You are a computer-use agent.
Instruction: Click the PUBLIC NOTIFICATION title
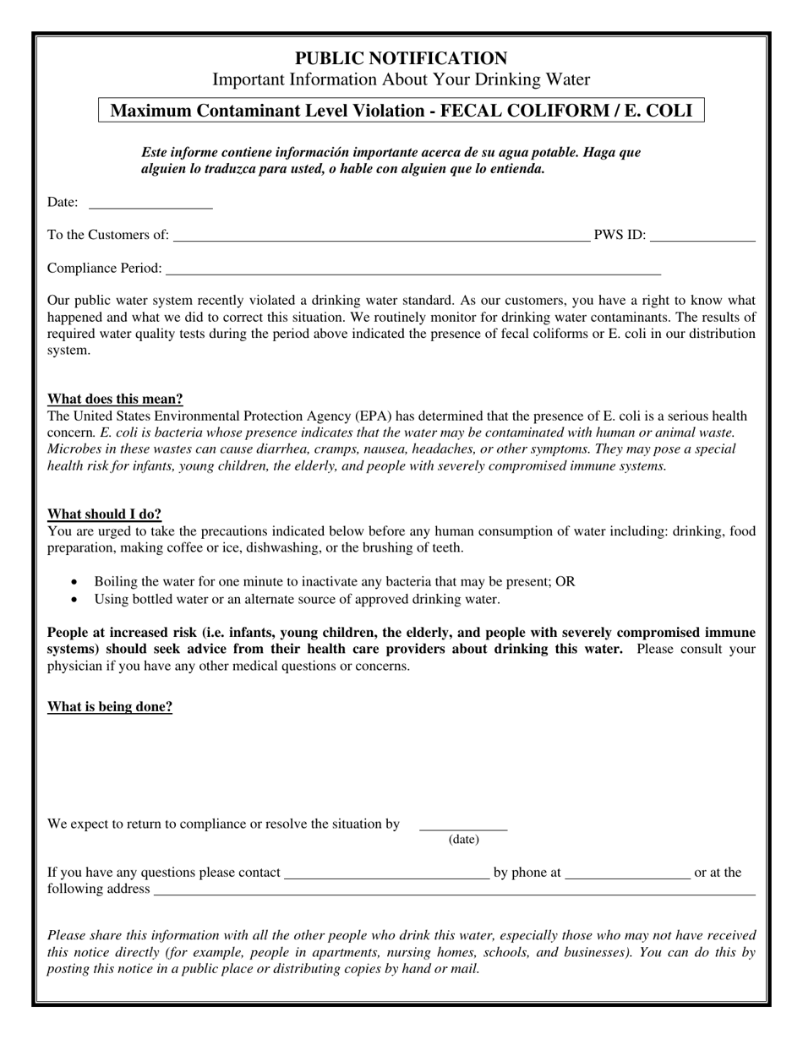coord(401,58)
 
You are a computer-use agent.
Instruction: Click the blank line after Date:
coord(150,204)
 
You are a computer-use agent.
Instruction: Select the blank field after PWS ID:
coord(702,238)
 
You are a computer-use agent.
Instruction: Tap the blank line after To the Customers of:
coord(381,238)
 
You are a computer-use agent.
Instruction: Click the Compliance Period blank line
coord(412,271)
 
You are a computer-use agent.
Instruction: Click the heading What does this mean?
coord(115,399)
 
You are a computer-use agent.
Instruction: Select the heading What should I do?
coord(104,514)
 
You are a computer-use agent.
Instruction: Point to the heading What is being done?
coord(110,706)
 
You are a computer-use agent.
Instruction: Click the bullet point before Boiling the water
coord(76,582)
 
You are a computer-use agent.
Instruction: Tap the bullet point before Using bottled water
coord(76,599)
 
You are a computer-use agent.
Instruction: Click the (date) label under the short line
coord(463,839)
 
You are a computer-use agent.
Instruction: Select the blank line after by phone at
coord(627,876)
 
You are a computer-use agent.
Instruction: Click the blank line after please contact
coord(386,876)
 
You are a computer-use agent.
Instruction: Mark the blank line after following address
coord(454,892)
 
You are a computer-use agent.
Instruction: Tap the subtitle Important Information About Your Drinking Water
coord(401,79)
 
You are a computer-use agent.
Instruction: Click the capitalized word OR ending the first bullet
coord(565,582)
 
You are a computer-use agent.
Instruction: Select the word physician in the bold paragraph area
coord(75,666)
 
